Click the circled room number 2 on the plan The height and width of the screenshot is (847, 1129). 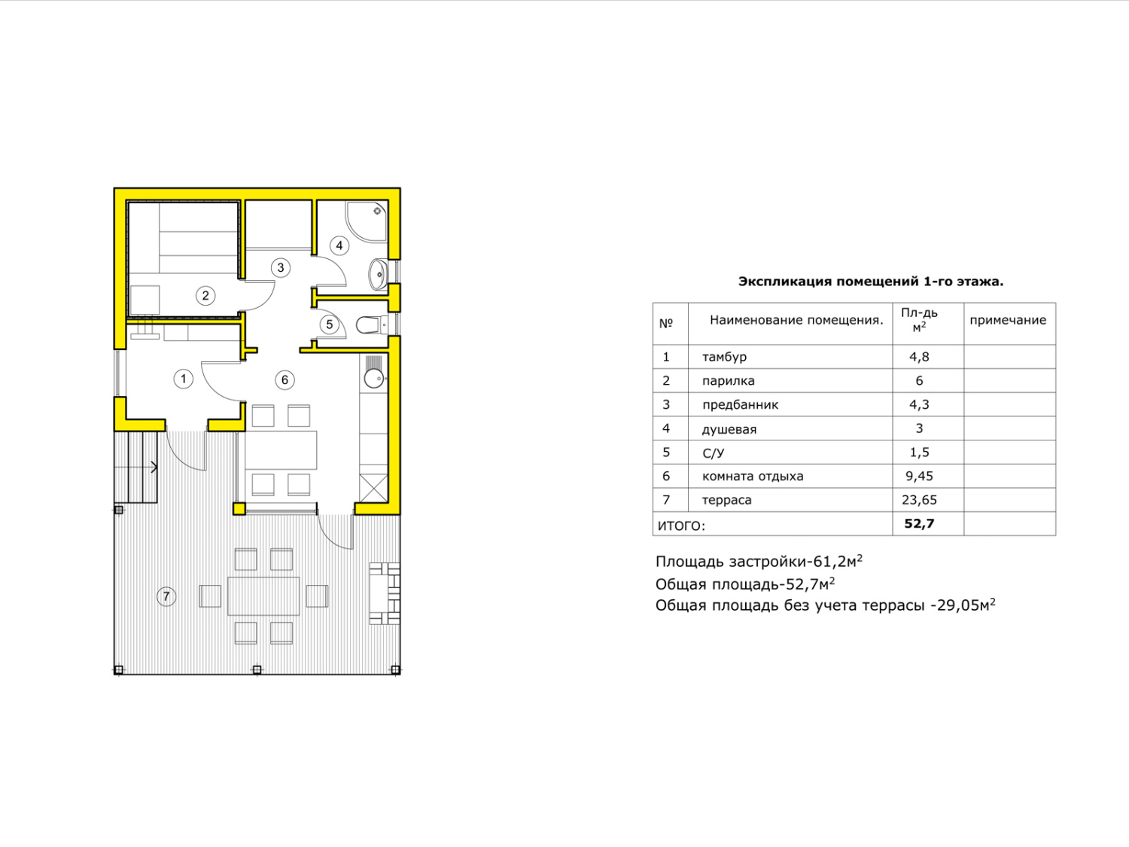(x=205, y=296)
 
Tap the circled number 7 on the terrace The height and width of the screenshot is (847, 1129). (x=166, y=596)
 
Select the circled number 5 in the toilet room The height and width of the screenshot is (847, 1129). (x=329, y=325)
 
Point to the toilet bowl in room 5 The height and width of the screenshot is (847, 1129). (x=371, y=325)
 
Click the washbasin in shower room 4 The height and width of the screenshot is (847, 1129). (x=378, y=274)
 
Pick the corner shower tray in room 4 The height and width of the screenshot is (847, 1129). (x=367, y=221)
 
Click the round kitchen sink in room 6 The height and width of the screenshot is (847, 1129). (x=373, y=379)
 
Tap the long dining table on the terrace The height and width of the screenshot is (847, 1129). (x=263, y=596)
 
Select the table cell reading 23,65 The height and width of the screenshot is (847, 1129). (x=919, y=500)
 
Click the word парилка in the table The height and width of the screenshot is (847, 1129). (x=729, y=381)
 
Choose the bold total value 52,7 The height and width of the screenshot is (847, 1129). (x=919, y=524)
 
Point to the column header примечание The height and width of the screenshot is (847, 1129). (x=1008, y=321)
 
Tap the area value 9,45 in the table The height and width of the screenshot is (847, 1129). (x=919, y=477)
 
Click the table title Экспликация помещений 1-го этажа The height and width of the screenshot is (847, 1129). (x=871, y=282)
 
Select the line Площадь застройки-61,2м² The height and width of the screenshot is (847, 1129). (x=759, y=561)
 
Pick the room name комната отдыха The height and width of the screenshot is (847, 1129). (x=753, y=477)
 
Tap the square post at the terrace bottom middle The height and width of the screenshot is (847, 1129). (x=257, y=669)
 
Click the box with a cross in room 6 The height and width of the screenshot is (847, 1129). (x=373, y=488)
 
